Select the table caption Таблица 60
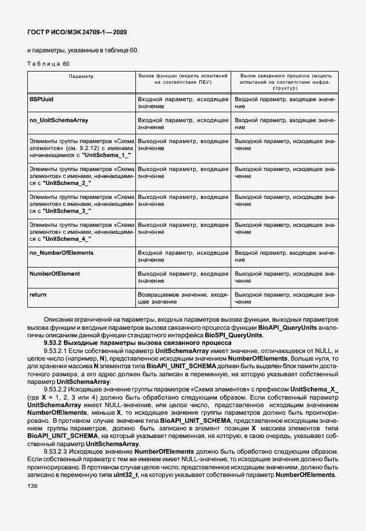point(49,63)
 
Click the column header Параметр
point(81,76)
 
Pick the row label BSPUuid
point(41,100)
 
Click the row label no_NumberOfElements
point(61,253)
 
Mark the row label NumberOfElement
point(55,273)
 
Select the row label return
point(38,295)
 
